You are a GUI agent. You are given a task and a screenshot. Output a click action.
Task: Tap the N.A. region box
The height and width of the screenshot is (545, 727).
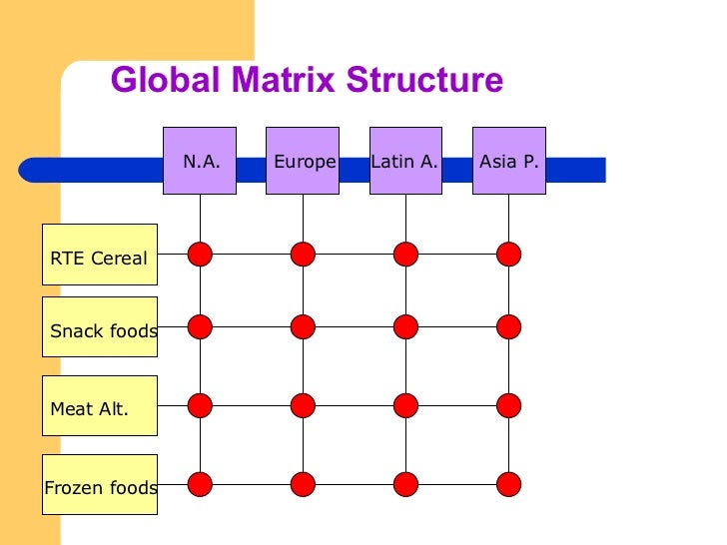(x=200, y=160)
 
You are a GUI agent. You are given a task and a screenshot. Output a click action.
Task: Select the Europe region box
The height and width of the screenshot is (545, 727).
(x=303, y=160)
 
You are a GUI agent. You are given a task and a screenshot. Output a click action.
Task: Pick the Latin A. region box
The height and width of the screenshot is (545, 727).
(x=405, y=160)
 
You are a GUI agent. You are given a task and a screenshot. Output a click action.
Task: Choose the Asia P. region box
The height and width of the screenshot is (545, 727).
(x=509, y=160)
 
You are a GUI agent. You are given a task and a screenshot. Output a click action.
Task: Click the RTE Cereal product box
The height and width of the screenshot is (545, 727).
(x=100, y=259)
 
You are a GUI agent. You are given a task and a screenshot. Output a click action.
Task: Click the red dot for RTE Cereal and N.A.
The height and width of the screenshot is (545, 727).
(x=200, y=254)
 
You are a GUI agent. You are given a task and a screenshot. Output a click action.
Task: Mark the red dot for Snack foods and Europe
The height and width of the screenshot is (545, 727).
(x=303, y=325)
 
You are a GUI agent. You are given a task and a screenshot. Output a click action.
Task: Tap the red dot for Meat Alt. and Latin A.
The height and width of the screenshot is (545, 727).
(x=405, y=404)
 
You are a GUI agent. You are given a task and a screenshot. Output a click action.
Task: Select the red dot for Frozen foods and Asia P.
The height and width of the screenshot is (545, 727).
(x=509, y=484)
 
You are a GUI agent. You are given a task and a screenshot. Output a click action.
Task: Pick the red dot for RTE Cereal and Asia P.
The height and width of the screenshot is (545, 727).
(x=509, y=254)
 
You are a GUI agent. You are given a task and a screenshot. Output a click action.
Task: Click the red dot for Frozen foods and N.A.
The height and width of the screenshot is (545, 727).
(x=200, y=484)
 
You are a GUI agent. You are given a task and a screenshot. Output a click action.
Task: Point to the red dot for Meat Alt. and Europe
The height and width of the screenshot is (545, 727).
(x=303, y=404)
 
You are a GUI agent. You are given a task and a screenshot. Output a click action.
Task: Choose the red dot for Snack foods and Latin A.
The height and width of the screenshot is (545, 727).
(x=405, y=325)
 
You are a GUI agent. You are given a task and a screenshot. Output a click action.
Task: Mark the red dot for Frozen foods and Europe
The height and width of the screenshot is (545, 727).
(x=303, y=484)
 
